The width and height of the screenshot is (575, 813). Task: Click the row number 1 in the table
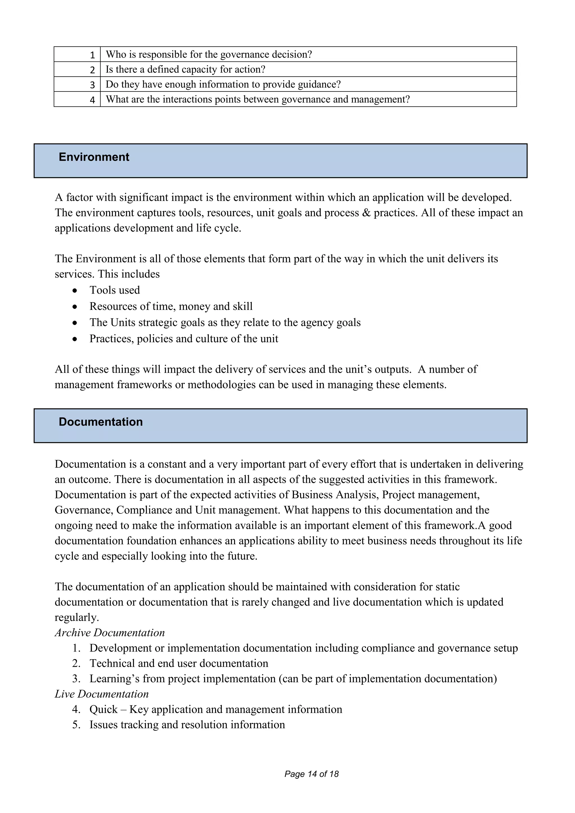click(x=92, y=55)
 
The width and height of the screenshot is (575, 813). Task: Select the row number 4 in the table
click(x=92, y=100)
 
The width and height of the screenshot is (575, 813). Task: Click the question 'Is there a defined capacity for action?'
click(x=186, y=69)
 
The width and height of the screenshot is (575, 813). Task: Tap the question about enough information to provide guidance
click(x=223, y=84)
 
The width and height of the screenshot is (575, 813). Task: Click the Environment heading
click(x=94, y=157)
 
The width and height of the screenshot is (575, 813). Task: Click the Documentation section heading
click(x=101, y=422)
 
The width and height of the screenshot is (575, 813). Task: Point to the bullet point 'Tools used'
click(x=114, y=290)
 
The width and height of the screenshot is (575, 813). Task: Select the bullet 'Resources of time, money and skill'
click(x=171, y=306)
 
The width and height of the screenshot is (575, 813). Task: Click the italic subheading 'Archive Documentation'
click(x=110, y=633)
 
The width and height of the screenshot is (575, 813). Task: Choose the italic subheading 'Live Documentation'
click(x=102, y=694)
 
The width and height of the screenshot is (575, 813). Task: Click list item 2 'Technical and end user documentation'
click(x=179, y=663)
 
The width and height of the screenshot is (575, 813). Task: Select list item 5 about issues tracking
click(x=187, y=725)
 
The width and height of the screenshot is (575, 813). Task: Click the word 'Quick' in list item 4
click(x=103, y=709)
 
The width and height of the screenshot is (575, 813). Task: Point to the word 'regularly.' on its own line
click(x=76, y=618)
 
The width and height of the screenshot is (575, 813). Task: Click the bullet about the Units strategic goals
click(x=225, y=323)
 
